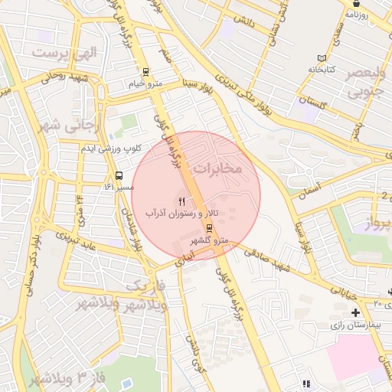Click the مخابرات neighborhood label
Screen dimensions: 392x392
click(217, 166)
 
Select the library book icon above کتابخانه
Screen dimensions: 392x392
click(322, 58)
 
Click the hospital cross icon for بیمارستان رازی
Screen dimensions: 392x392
click(355, 312)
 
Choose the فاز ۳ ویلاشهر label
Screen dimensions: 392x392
click(60, 377)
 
